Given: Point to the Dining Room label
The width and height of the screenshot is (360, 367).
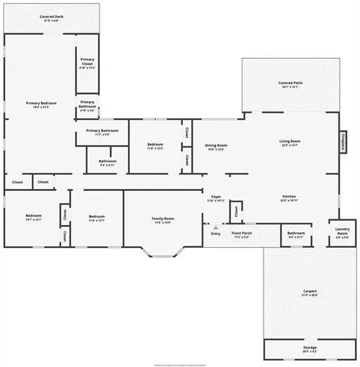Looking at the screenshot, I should [216, 144].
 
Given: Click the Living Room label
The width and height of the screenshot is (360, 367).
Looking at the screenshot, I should [291, 141].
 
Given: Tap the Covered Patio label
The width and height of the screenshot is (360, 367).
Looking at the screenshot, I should [291, 82].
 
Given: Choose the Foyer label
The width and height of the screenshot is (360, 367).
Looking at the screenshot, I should [216, 197].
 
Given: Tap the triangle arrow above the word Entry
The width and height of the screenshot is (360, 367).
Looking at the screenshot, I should [216, 228].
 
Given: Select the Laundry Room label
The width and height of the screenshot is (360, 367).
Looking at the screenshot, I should [342, 231].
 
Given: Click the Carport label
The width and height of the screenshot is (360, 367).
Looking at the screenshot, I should [309, 290].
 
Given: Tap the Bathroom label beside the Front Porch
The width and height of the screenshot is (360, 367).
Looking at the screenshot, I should [296, 233].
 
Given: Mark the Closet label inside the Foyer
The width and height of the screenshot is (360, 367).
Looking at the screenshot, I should [235, 211].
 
